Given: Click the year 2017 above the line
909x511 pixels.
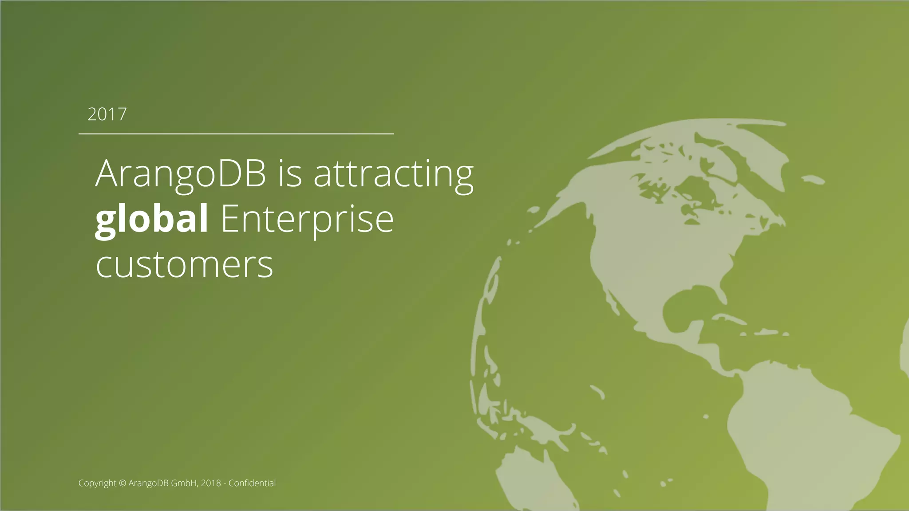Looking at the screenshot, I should coord(107,114).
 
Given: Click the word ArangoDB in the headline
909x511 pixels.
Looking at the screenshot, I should coord(180,173).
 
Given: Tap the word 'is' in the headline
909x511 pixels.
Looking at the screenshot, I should coord(290,173).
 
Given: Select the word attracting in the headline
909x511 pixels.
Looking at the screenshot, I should coord(394,173).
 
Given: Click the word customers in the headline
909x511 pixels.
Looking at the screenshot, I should coord(184,265).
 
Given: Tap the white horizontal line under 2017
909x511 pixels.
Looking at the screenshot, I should coord(236,133).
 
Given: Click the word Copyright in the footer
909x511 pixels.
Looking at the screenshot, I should coord(97,483).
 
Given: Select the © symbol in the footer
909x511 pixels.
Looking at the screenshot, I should coord(123,483).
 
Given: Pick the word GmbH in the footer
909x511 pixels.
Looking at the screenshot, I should coord(184,483).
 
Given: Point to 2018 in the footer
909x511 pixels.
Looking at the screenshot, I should coord(211,483).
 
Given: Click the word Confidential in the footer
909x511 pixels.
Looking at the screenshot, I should coord(252,483).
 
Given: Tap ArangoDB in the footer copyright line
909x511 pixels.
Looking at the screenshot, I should coord(148,483).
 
